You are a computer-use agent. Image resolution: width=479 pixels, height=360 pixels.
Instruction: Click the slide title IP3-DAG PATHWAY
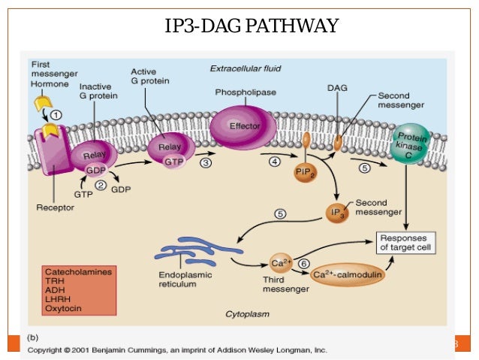[252, 29]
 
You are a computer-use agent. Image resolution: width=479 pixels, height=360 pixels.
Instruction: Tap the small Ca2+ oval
[280, 263]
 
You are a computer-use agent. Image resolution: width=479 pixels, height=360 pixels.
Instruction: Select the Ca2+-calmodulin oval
[347, 275]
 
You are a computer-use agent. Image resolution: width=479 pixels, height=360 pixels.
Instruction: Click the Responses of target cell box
[405, 242]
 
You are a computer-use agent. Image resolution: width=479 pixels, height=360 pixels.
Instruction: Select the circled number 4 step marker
[275, 162]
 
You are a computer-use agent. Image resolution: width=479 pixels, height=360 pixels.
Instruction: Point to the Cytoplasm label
[247, 313]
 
